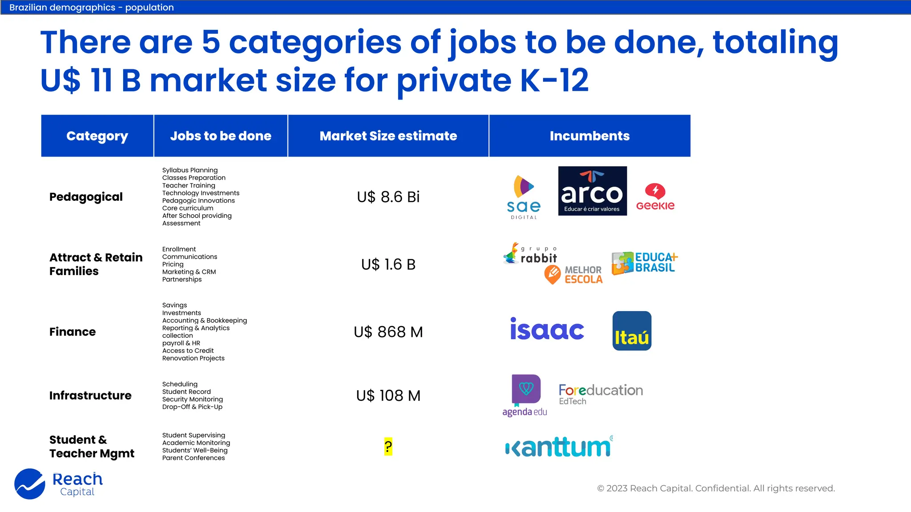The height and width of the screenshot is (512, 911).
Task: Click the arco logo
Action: tap(592, 191)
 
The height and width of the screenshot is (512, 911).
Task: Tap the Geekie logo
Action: tap(655, 197)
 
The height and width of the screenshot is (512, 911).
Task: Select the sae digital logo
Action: tap(524, 197)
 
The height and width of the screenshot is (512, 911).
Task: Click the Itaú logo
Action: tap(632, 331)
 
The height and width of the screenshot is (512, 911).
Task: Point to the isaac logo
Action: tap(547, 329)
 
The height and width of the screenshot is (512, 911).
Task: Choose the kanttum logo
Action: tap(559, 447)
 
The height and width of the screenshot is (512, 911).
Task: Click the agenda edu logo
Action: tap(525, 395)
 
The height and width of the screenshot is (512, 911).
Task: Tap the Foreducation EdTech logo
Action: tap(601, 394)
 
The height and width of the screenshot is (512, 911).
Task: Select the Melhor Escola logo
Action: tap(573, 275)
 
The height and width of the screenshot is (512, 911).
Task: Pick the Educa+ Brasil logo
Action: tap(645, 263)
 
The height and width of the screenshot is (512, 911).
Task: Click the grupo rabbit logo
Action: tap(530, 253)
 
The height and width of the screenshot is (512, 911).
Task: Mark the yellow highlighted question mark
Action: tap(388, 447)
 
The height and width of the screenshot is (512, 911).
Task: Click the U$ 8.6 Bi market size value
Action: tap(388, 197)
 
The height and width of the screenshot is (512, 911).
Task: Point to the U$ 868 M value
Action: tap(388, 332)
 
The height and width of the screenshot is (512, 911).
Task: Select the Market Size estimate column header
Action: tap(388, 136)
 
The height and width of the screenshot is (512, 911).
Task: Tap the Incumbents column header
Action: tap(589, 136)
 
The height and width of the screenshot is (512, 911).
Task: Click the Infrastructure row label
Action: tap(90, 396)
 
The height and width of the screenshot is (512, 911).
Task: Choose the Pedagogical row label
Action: tap(86, 197)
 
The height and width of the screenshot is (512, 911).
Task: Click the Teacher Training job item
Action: tap(189, 185)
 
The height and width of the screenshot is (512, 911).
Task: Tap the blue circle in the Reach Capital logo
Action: tap(30, 484)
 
